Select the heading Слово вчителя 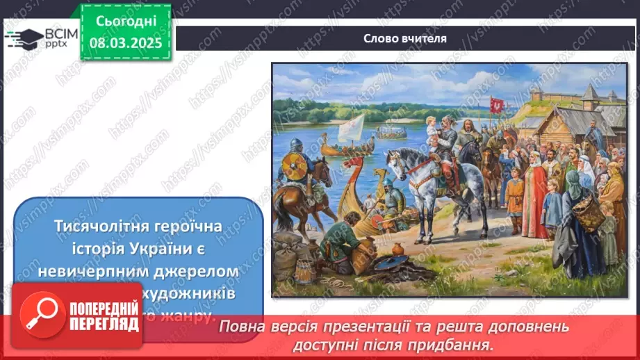point(404,38)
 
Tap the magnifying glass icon point(40,314)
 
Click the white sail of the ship point(351,126)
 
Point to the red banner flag point(497,104)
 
